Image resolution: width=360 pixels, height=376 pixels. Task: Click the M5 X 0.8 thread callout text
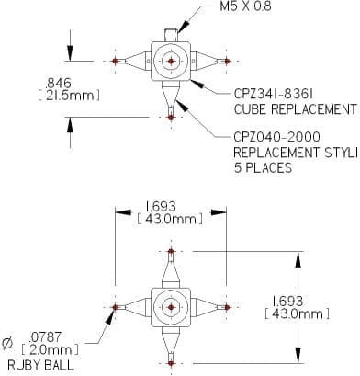245,6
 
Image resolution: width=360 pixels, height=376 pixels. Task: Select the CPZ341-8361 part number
274,94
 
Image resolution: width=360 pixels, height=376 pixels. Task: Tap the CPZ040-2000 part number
277,137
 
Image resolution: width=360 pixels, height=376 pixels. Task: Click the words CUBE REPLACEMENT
295,109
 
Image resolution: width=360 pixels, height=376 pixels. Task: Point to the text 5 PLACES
263,167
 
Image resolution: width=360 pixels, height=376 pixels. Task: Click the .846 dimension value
58,83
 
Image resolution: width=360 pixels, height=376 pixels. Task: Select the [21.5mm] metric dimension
69,96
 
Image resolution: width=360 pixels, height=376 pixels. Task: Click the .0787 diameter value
45,337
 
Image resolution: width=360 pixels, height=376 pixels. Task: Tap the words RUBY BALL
40,365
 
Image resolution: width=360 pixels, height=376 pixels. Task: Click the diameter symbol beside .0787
7,343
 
